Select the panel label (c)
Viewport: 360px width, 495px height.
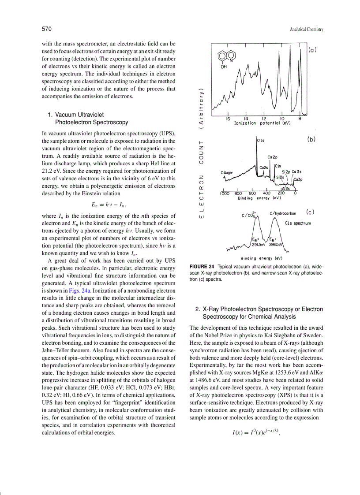[x=310, y=212]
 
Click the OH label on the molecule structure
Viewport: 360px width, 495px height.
[x=224, y=67]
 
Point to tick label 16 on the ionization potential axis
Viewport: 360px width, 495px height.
[x=227, y=119]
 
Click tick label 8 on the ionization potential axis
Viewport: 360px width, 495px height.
[x=300, y=119]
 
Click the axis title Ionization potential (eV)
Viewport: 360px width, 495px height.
[x=262, y=123]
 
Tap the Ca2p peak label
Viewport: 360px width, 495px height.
[x=272, y=157]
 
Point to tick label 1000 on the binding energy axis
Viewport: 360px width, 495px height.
[x=225, y=193]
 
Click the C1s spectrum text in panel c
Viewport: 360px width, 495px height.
[x=298, y=223]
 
